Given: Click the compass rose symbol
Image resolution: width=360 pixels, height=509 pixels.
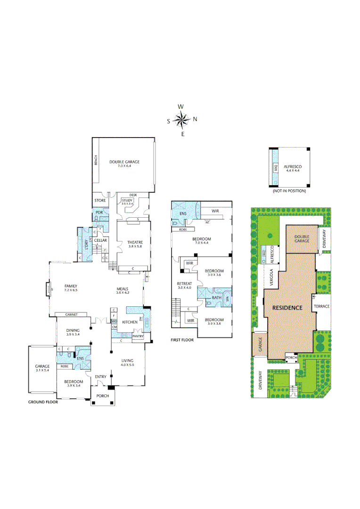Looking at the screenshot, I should [x=181, y=120].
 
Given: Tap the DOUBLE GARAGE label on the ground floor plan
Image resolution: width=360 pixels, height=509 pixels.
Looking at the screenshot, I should [x=124, y=162].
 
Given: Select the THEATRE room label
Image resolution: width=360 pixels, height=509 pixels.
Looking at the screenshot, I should [x=134, y=242].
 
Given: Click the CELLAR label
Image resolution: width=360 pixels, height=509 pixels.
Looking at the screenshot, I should [x=100, y=240].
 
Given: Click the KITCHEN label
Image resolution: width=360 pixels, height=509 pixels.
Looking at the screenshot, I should [x=130, y=321].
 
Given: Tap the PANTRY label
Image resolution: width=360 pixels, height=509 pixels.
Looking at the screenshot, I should [x=138, y=337].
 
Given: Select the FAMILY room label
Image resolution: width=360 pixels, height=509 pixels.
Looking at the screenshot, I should [x=71, y=286].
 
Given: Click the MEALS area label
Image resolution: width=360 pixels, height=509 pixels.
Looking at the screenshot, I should [x=123, y=289].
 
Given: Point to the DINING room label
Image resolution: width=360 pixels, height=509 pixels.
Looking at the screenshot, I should [x=73, y=330].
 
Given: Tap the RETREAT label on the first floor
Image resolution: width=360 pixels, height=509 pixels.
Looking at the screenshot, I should [x=184, y=284].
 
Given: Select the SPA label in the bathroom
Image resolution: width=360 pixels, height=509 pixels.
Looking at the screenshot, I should [x=228, y=299].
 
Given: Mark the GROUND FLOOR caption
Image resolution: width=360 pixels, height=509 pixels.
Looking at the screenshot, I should [x=42, y=402].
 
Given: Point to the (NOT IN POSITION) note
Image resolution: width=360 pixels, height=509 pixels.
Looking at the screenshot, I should [x=289, y=191].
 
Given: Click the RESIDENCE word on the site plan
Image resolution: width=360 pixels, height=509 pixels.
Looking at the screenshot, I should [x=287, y=308].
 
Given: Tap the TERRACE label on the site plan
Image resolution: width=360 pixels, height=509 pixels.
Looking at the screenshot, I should [x=322, y=306].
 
